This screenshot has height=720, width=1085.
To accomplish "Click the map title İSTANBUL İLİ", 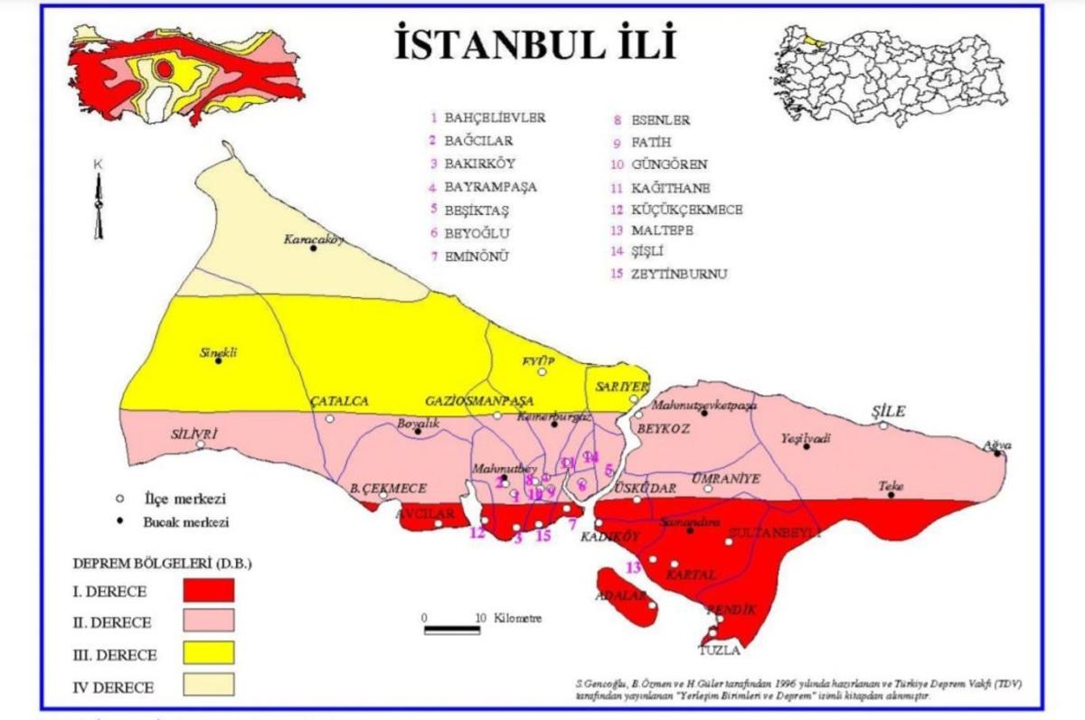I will (x=535, y=44).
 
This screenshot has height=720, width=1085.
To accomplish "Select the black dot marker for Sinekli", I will (x=218, y=360).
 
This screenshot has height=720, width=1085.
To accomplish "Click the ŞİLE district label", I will (x=888, y=411).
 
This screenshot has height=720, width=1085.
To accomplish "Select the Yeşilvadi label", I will (x=806, y=438).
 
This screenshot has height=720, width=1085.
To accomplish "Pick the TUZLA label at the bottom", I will (x=720, y=650).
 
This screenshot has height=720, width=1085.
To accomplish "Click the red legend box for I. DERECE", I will (x=208, y=590).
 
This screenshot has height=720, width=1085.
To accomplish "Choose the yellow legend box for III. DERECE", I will (x=208, y=651).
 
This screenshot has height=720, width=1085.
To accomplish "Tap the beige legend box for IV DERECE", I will (x=208, y=684).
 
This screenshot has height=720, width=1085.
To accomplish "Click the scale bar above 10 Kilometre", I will (x=452, y=629).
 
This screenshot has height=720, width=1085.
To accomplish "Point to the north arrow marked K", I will (x=99, y=203).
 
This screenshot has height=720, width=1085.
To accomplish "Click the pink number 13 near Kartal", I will (x=633, y=567).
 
